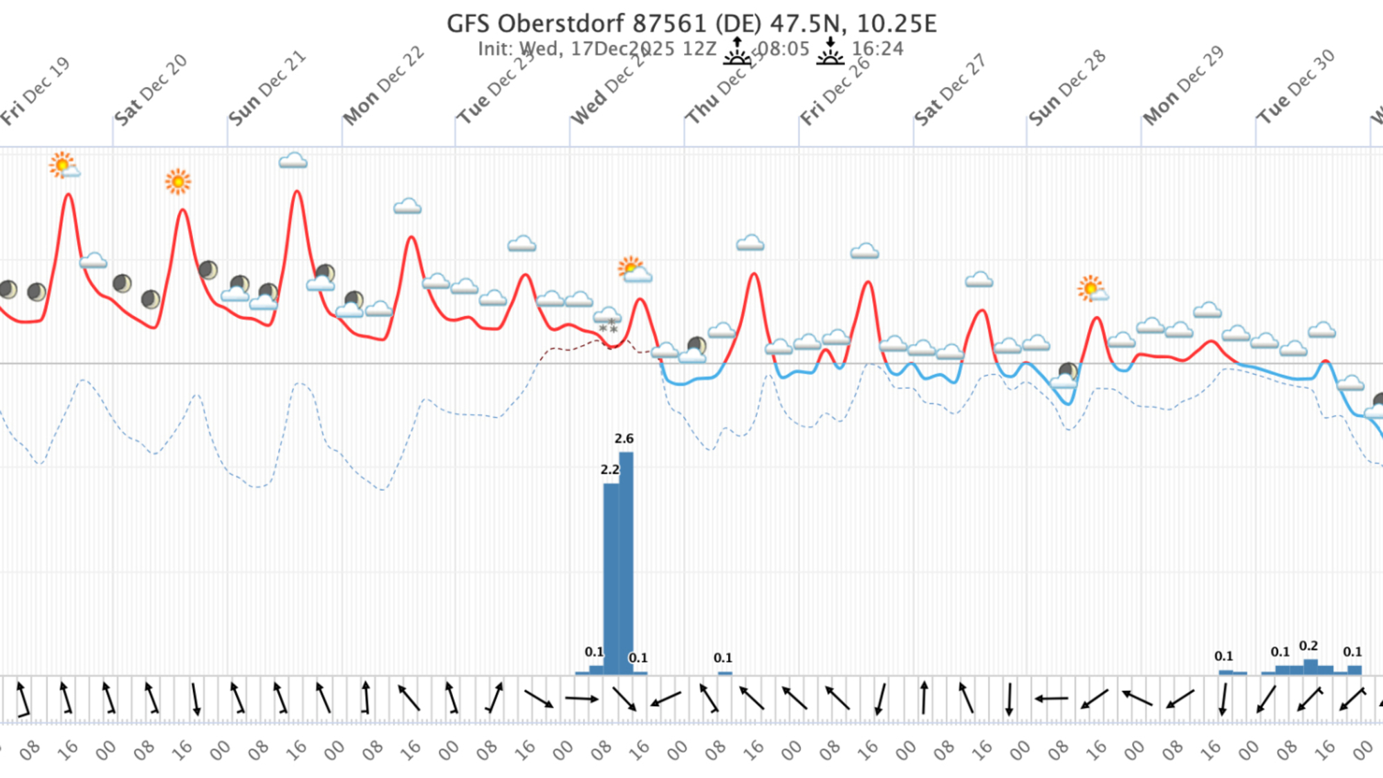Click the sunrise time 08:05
click(x=783, y=49)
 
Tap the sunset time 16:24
click(x=878, y=49)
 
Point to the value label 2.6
click(x=624, y=438)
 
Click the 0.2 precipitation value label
click(x=1308, y=646)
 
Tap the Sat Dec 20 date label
click(x=151, y=90)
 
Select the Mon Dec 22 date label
click(x=384, y=86)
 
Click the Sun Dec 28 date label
click(x=1067, y=89)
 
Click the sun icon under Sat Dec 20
click(x=178, y=182)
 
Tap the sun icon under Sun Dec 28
click(x=1090, y=288)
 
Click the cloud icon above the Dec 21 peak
click(x=293, y=161)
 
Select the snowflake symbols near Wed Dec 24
click(x=609, y=328)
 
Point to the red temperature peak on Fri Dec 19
click(x=68, y=195)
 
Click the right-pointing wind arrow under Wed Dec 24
click(x=582, y=698)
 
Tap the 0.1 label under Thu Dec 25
click(x=723, y=658)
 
